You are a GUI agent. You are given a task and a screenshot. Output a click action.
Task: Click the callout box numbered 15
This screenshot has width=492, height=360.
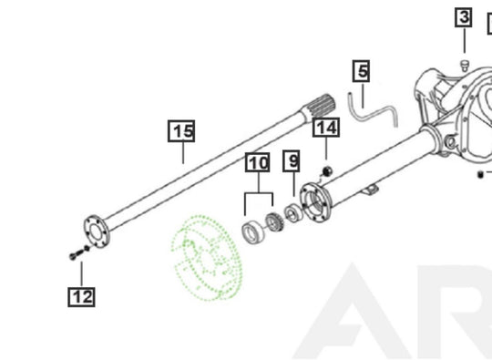pyautogui.click(x=181, y=131)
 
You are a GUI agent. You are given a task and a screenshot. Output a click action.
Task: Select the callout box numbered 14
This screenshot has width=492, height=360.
pyautogui.click(x=326, y=128)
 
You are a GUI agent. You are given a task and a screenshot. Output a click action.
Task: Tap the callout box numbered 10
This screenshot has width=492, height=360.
pyautogui.click(x=258, y=162)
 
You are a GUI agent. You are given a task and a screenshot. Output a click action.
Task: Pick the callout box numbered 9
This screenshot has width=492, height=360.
pyautogui.click(x=292, y=161)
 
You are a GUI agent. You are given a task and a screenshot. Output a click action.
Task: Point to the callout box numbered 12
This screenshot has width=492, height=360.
pyautogui.click(x=81, y=296)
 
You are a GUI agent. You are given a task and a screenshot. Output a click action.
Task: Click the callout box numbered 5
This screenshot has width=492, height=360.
pyautogui.click(x=361, y=71)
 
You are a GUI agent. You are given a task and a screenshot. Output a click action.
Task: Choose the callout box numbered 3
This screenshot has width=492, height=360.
pyautogui.click(x=464, y=17)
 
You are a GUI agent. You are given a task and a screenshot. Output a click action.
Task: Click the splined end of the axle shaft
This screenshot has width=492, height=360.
pyautogui.click(x=320, y=107)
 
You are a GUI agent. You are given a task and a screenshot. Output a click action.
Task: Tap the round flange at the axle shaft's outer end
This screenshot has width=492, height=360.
pyautogui.click(x=97, y=231)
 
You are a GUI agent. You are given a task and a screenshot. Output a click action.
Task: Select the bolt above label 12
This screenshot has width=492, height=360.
pyautogui.click(x=76, y=254)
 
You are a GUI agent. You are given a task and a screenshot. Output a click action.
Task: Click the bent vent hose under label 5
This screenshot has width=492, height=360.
pyautogui.click(x=374, y=111)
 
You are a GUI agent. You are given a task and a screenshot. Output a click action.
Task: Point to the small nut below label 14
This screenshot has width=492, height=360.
pyautogui.click(x=328, y=171)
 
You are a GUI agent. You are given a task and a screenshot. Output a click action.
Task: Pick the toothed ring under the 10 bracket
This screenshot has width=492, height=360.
pyautogui.click(x=275, y=221)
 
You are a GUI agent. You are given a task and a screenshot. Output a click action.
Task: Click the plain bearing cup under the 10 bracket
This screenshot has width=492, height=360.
pyautogui.click(x=252, y=232)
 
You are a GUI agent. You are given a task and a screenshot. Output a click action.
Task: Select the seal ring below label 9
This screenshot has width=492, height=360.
pyautogui.click(x=293, y=212)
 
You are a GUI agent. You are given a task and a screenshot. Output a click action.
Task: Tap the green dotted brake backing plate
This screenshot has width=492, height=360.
pyautogui.click(x=207, y=257)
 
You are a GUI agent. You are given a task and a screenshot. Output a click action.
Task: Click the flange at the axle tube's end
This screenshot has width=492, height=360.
pyautogui.click(x=315, y=202)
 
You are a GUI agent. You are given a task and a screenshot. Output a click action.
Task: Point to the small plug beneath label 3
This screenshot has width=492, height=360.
pyautogui.click(x=465, y=66)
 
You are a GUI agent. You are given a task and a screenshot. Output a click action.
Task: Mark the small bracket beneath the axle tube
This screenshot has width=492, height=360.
pyautogui.click(x=370, y=189)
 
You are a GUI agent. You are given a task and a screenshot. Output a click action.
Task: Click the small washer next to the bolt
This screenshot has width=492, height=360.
pyautogui.click(x=87, y=249)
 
